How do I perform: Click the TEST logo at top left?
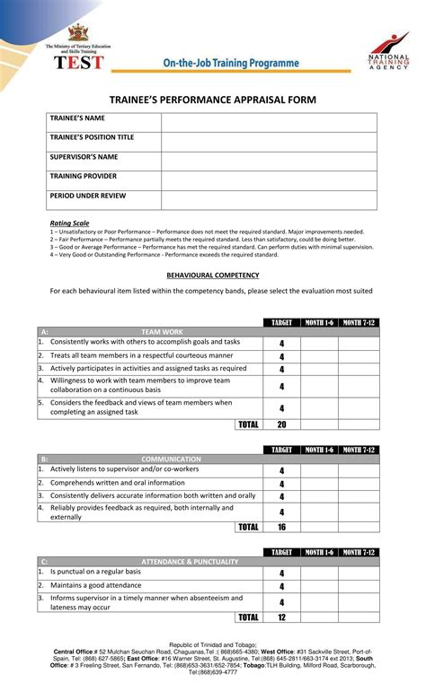click(x=80, y=61)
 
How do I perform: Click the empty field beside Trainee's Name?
click(x=269, y=123)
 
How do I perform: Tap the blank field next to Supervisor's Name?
click(x=269, y=162)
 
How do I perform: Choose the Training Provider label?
click(x=84, y=176)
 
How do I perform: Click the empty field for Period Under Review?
click(x=269, y=199)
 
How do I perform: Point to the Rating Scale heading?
click(x=69, y=223)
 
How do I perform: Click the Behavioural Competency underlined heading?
click(x=213, y=275)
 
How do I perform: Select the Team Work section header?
click(x=162, y=331)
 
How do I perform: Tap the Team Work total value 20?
click(x=281, y=424)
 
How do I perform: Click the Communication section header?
click(x=171, y=459)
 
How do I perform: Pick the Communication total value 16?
click(x=281, y=527)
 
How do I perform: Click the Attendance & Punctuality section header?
click(x=190, y=562)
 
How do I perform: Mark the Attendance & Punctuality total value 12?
click(x=281, y=617)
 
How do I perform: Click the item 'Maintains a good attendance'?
click(x=97, y=585)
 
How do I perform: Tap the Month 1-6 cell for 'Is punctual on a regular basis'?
click(x=318, y=573)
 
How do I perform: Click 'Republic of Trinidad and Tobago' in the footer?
click(x=213, y=644)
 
